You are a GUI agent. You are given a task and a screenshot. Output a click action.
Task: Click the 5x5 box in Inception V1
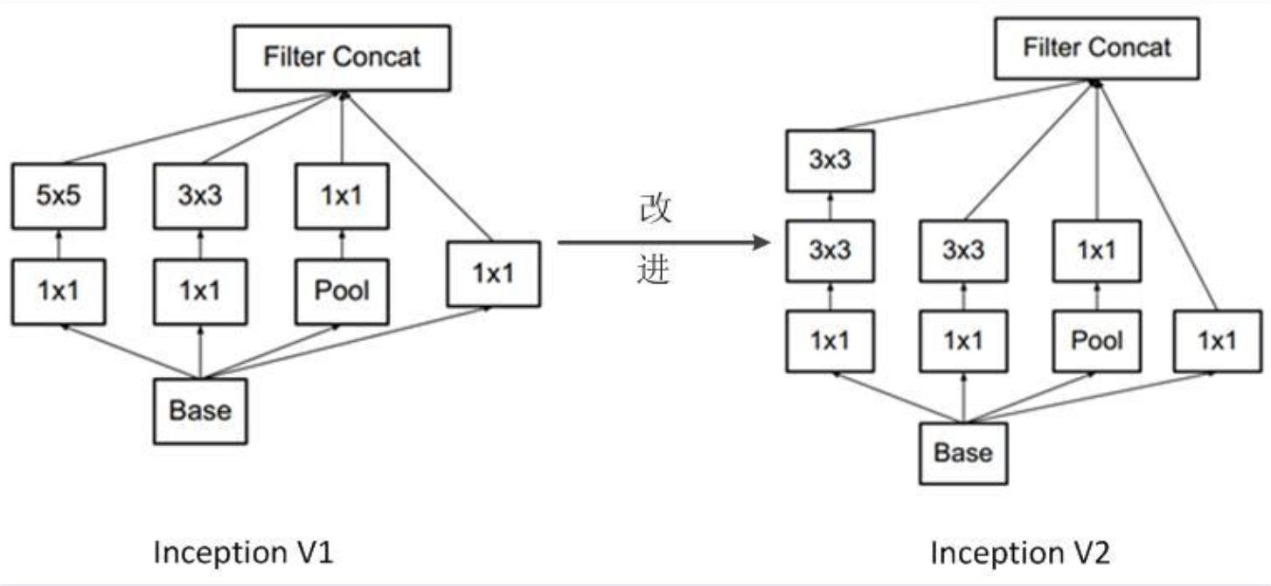coord(59,194)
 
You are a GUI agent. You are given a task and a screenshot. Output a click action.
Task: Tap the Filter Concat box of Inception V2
coord(1096,48)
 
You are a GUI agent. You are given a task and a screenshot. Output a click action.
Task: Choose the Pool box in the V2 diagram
coord(1096,340)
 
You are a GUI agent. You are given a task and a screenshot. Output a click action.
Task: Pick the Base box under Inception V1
coord(200,410)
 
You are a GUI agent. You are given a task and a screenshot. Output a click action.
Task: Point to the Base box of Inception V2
coord(963,453)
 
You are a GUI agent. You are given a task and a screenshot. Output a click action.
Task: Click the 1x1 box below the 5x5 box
coord(59,291)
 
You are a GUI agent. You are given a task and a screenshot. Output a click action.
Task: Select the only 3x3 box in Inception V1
coord(200,194)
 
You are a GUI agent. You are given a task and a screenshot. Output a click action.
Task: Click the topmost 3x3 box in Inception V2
coord(829,162)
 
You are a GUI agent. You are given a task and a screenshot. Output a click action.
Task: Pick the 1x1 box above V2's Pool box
coord(1096,251)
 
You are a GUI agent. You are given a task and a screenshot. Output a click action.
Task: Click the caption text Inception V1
coord(243,553)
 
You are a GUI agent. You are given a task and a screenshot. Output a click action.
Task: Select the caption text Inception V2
coord(1019,553)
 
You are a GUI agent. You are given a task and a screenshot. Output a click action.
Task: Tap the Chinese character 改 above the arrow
coord(655,211)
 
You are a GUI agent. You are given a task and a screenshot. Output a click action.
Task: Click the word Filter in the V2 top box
coord(1049,48)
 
